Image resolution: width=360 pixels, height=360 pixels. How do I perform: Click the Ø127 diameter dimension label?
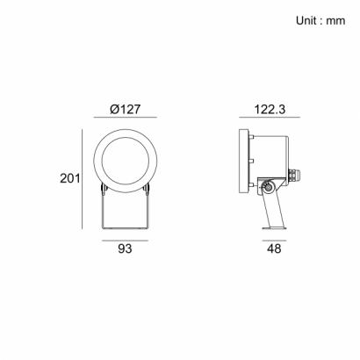coord(125,109)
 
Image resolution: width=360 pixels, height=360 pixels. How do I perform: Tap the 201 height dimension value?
coord(70,178)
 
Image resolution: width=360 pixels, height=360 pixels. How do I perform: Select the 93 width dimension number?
coord(125,248)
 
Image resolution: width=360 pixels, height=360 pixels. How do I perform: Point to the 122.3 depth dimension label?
coord(270,110)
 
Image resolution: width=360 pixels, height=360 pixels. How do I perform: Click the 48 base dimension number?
coord(274,248)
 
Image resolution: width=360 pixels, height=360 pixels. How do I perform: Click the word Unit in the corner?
coord(306,20)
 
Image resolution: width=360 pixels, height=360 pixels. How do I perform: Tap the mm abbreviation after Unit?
coord(335,21)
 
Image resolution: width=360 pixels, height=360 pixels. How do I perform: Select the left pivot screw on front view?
coord(103,189)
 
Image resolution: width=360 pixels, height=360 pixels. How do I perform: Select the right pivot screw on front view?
coord(148,189)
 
